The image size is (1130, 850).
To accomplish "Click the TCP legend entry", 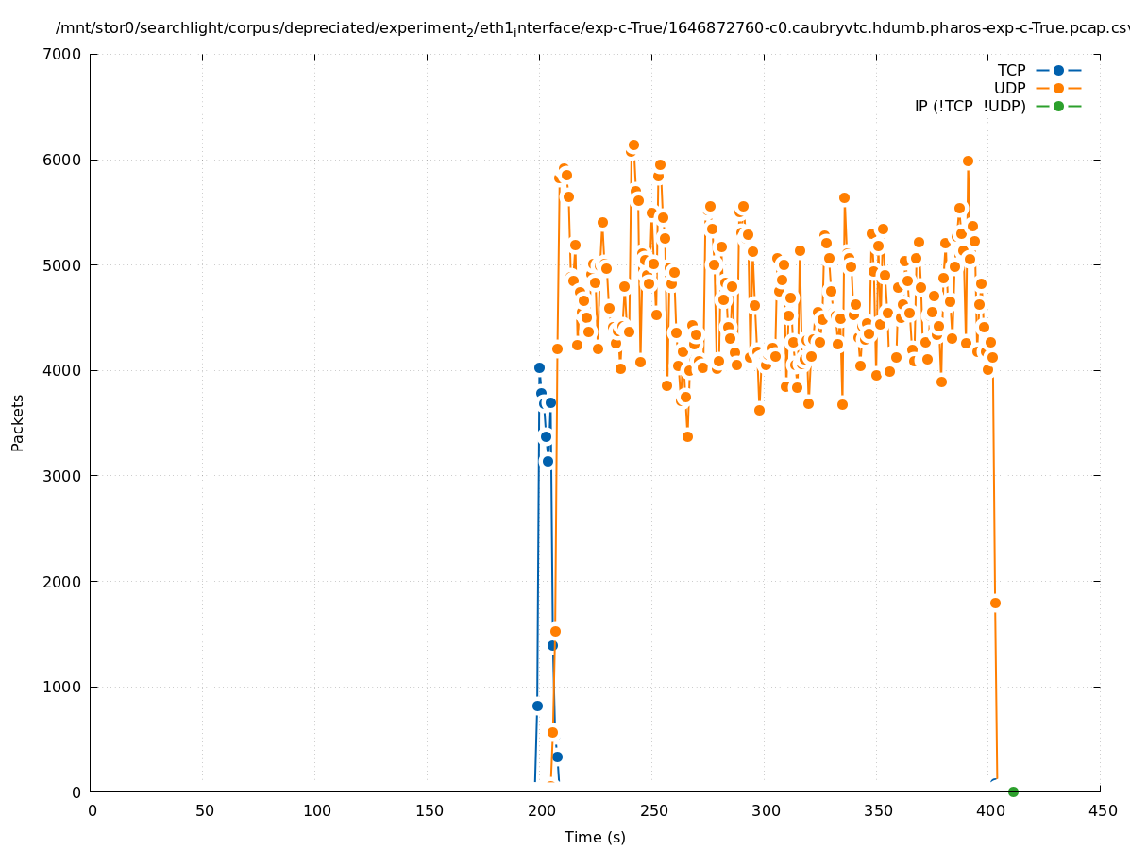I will pyautogui.click(x=1011, y=70).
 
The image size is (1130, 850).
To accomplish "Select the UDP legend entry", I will pyautogui.click(x=1009, y=88).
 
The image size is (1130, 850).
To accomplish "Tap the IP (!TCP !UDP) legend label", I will pyautogui.click(x=970, y=106).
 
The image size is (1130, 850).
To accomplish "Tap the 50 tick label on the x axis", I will pyautogui.click(x=204, y=810).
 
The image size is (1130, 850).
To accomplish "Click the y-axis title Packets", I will pyautogui.click(x=18, y=422).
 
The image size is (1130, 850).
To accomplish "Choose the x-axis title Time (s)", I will pyautogui.click(x=595, y=837).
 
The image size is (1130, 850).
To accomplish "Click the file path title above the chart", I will pyautogui.click(x=592, y=29).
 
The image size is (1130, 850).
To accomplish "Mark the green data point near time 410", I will pyautogui.click(x=1013, y=791).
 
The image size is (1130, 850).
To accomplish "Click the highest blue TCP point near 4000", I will pyautogui.click(x=539, y=367).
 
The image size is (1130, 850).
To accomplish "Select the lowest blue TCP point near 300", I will pyautogui.click(x=557, y=756).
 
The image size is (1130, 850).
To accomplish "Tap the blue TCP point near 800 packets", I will pyautogui.click(x=537, y=705).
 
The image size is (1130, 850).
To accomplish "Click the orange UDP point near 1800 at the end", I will pyautogui.click(x=995, y=603).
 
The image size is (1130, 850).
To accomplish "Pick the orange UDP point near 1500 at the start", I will pyautogui.click(x=555, y=631).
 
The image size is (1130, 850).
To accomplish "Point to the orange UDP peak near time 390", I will pyautogui.click(x=968, y=161).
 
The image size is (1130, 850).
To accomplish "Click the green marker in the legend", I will pyautogui.click(x=1058, y=106).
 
